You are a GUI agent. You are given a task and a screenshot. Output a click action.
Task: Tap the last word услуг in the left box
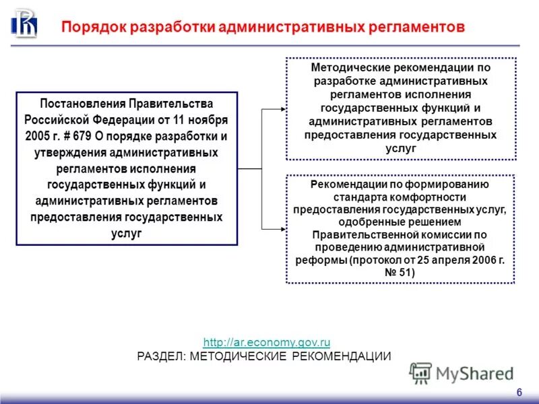pos(127,233)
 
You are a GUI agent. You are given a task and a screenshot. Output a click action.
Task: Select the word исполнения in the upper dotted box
pos(455,94)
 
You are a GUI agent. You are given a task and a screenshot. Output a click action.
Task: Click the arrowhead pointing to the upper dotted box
pos(281,108)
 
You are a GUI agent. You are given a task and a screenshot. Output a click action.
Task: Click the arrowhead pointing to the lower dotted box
pos(281,229)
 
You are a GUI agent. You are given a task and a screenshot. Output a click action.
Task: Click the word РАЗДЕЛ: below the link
pos(162,356)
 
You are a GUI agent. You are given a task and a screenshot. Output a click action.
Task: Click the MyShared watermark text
pos(474,374)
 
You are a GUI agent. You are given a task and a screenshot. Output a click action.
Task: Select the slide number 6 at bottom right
pos(519,393)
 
